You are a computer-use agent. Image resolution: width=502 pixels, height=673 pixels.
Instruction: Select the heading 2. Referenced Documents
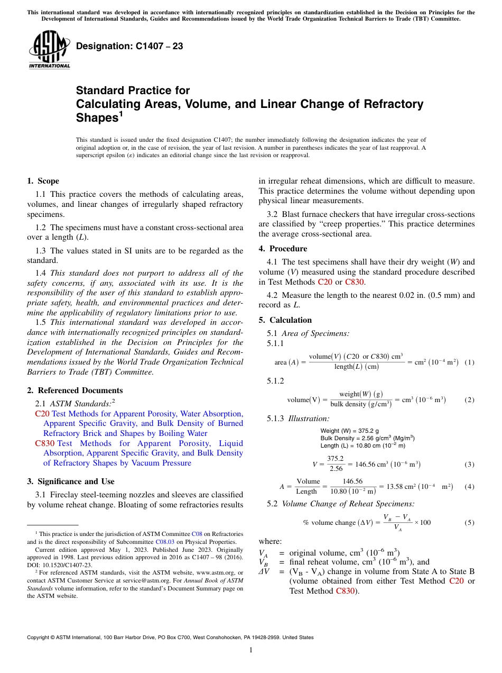75,390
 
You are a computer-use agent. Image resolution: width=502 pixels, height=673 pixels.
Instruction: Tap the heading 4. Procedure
282,249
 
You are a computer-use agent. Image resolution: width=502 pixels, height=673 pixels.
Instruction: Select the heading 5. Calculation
285,320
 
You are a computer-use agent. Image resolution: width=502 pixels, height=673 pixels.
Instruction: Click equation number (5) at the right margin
469,523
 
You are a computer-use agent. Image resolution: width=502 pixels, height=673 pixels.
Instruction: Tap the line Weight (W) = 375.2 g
349,431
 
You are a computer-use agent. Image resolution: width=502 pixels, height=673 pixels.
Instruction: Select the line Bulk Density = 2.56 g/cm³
367,438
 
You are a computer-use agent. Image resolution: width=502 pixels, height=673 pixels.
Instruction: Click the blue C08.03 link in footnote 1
163,542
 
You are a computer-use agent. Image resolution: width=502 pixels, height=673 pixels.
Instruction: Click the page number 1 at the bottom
251,650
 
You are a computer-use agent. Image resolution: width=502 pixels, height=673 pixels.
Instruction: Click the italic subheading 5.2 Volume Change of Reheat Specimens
341,504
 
